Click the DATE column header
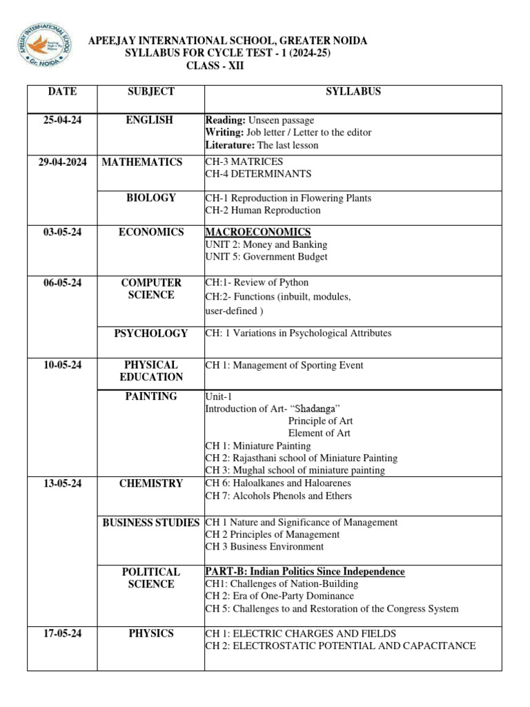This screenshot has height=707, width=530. coord(62,92)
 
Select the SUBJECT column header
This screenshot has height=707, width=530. coord(150,92)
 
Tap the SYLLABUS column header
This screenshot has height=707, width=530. coord(353,92)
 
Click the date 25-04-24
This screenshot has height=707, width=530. coord(62,120)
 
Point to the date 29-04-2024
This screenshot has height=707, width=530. coord(62,162)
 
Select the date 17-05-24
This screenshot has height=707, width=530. coord(62,634)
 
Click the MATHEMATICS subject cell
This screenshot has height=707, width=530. coord(142,162)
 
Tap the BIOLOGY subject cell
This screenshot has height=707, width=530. coord(150,198)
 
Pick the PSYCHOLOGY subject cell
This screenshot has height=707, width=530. coord(150,333)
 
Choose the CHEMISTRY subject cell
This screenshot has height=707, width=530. coord(150,483)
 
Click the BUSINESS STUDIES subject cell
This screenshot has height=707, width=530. coord(150,523)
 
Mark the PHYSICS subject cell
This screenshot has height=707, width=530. coord(150,634)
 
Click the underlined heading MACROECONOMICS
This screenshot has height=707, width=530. coord(258,232)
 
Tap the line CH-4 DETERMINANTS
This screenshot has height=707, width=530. coord(258,174)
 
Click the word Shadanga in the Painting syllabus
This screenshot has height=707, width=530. coord(315,409)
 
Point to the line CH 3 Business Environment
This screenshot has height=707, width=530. coord(264,547)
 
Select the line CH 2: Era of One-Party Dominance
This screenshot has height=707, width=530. coord(279,596)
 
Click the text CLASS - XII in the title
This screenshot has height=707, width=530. coord(215,66)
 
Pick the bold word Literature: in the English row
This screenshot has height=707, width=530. coord(230,145)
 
